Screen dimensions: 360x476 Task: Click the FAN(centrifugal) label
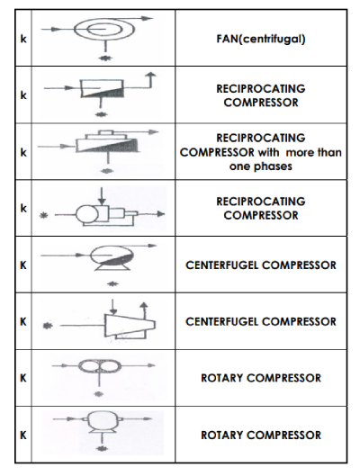(261, 39)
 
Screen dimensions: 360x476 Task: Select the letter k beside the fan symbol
(23, 39)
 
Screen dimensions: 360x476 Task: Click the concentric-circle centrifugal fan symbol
(104, 29)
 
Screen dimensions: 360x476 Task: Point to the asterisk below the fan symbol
(105, 58)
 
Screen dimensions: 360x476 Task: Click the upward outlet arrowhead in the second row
(150, 75)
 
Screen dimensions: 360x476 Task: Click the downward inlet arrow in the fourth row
(103, 196)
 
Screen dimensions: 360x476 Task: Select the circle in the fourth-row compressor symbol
(86, 215)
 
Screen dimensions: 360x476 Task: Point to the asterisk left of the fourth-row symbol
(44, 215)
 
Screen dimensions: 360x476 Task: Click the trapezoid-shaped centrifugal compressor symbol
(130, 325)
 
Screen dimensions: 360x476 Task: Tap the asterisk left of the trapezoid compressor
(48, 326)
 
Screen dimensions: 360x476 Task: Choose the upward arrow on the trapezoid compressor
(145, 309)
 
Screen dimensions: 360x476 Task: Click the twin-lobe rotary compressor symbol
(100, 366)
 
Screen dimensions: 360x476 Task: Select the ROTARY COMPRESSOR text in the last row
(261, 435)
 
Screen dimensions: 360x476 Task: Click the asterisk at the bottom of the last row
(102, 448)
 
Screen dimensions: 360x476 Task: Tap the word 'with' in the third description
(268, 152)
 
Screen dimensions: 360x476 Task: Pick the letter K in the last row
(23, 435)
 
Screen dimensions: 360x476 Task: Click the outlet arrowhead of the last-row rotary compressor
(148, 419)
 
